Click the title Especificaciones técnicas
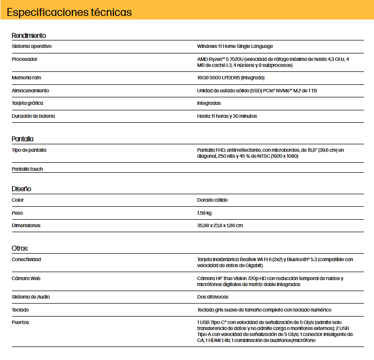[x=69, y=12]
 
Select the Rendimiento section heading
[x=29, y=35]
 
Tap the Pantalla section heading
[x=22, y=139]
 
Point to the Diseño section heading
[x=21, y=189]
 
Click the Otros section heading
[x=19, y=248]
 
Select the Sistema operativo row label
[x=31, y=46]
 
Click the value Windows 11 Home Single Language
[x=235, y=46]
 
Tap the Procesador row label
[x=24, y=59]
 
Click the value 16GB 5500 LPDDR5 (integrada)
[x=231, y=78]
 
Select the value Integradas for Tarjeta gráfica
[x=209, y=103]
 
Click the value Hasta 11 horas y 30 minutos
[x=227, y=116]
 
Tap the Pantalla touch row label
[x=27, y=169]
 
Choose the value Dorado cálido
[x=212, y=200]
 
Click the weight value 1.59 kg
[x=204, y=213]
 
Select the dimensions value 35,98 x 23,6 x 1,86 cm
[x=220, y=226]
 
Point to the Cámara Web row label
[x=26, y=278]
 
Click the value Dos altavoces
[x=212, y=297]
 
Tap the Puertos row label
[x=20, y=323]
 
